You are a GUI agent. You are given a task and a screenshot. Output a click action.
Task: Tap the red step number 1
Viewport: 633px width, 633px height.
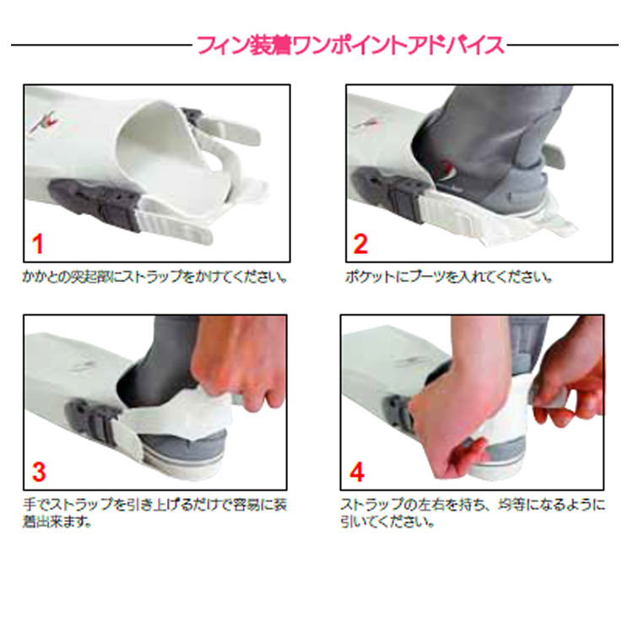(37, 245)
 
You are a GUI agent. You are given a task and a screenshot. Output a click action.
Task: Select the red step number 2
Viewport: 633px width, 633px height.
(360, 245)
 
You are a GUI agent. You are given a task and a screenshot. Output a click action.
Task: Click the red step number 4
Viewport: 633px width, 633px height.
(357, 471)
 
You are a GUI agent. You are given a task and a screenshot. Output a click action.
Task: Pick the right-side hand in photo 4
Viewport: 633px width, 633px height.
(574, 380)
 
